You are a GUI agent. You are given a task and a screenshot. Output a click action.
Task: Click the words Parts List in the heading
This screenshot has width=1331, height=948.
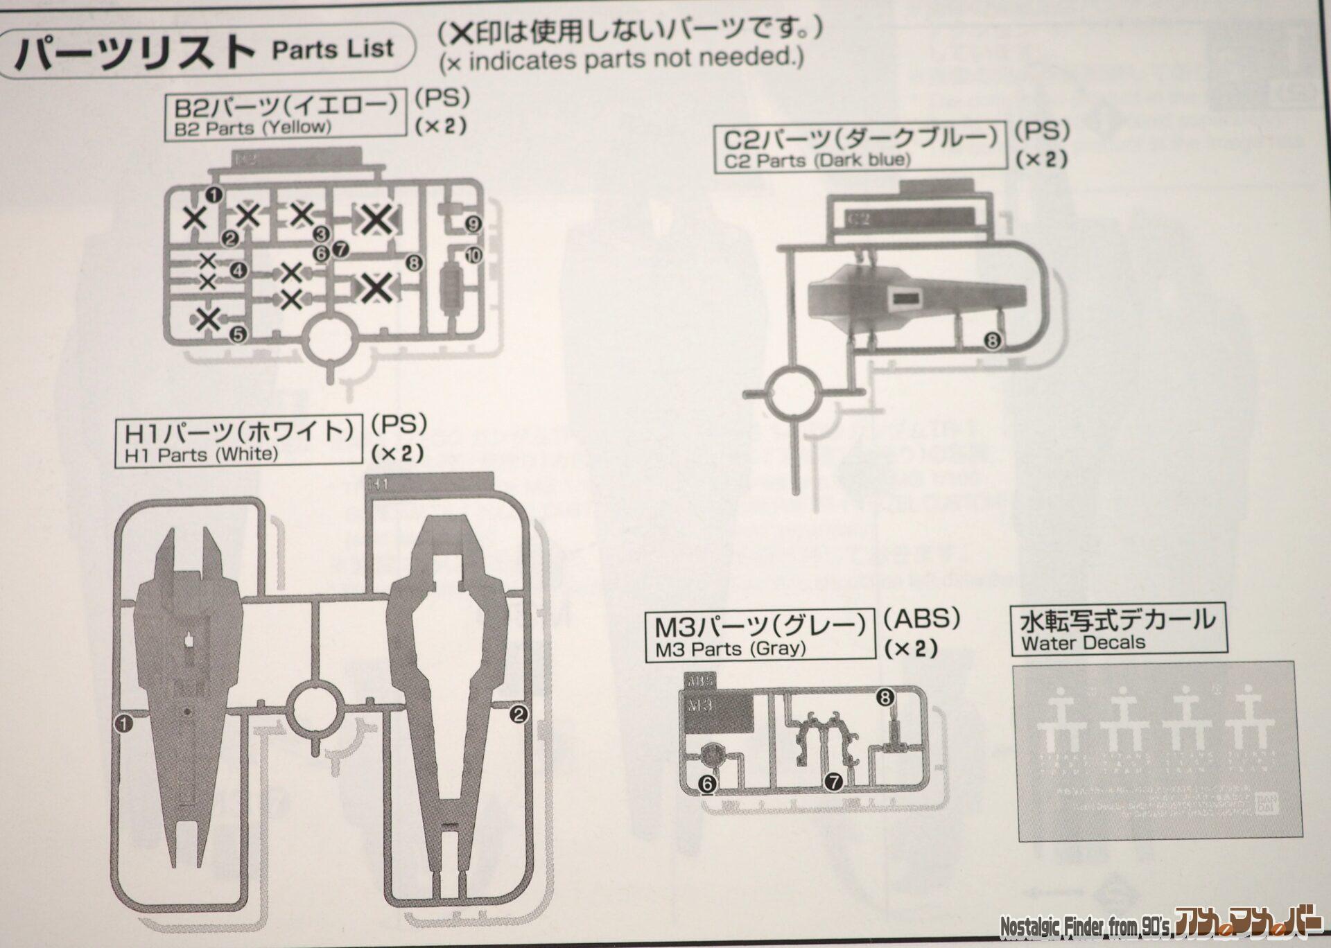[333, 50]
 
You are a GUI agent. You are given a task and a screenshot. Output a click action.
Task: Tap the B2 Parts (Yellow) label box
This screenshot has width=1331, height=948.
[285, 114]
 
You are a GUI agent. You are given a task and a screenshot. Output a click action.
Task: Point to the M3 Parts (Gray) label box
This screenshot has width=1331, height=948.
[760, 635]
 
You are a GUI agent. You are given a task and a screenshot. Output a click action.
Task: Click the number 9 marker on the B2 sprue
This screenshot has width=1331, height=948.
[474, 224]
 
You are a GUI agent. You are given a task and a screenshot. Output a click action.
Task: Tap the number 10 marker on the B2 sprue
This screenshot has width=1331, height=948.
[474, 256]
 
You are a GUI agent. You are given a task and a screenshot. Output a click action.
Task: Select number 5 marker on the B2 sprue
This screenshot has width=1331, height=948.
[238, 335]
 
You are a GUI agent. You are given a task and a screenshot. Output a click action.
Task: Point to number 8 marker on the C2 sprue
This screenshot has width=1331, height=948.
[992, 340]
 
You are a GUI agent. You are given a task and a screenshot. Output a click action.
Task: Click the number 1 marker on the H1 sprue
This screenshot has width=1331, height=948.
[123, 723]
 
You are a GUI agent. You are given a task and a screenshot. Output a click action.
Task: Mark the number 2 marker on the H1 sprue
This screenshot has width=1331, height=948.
[519, 714]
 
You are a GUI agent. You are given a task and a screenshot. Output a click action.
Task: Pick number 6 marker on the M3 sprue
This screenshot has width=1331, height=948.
[706, 784]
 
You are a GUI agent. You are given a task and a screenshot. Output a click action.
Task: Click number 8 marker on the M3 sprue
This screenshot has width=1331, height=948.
[885, 697]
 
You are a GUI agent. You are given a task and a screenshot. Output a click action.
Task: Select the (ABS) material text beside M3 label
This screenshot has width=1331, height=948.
[921, 619]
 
